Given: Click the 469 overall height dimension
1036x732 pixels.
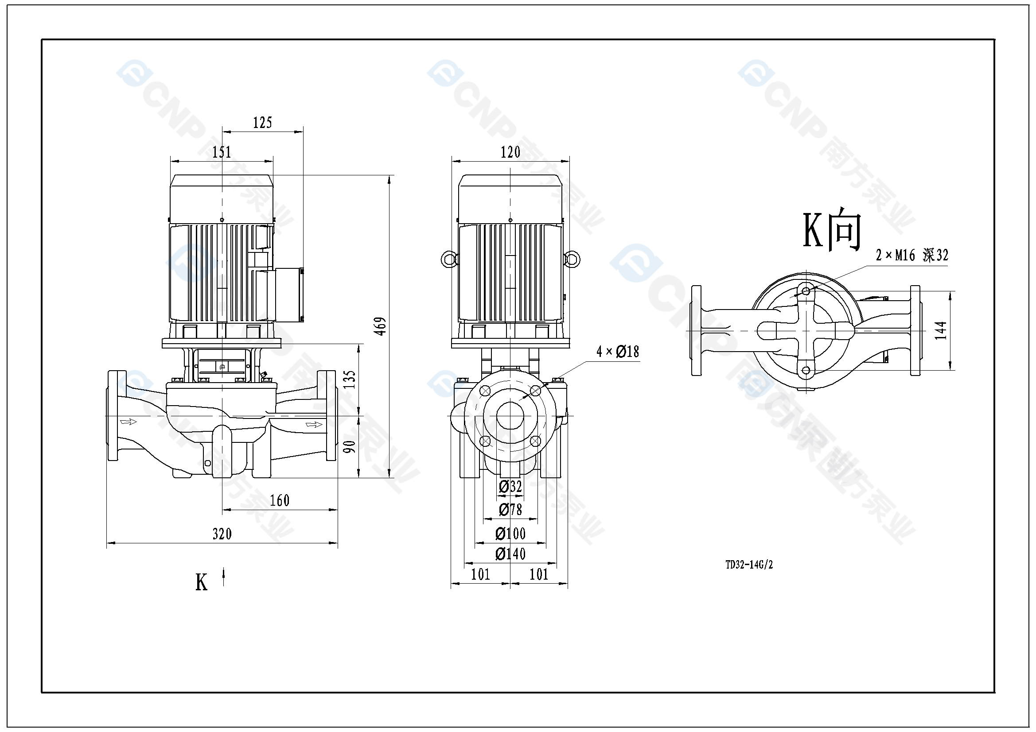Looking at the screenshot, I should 381,326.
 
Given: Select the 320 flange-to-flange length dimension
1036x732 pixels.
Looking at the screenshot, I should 222,534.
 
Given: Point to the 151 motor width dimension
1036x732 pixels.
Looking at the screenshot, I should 222,152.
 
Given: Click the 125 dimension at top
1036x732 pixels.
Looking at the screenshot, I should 262,123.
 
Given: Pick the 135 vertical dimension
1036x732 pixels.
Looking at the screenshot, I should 350,380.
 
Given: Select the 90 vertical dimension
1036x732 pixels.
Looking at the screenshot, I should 350,446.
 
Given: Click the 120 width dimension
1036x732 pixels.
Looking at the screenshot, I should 510,152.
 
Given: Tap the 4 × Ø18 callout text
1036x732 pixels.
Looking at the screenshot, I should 618,352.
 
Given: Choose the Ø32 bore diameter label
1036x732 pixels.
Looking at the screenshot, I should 510,487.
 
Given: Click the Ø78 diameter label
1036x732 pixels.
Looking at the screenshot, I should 510,510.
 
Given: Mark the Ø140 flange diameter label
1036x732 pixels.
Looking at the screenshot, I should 510,554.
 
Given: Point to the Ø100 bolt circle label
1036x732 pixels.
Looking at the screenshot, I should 510,534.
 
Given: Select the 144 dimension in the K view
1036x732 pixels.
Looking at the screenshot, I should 940,330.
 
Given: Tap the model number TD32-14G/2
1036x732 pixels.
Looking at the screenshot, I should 749,565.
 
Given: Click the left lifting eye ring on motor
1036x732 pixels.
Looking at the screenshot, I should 448,259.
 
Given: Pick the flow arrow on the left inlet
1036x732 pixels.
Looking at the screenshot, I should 128,422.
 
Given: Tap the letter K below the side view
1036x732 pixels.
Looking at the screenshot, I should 201,582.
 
